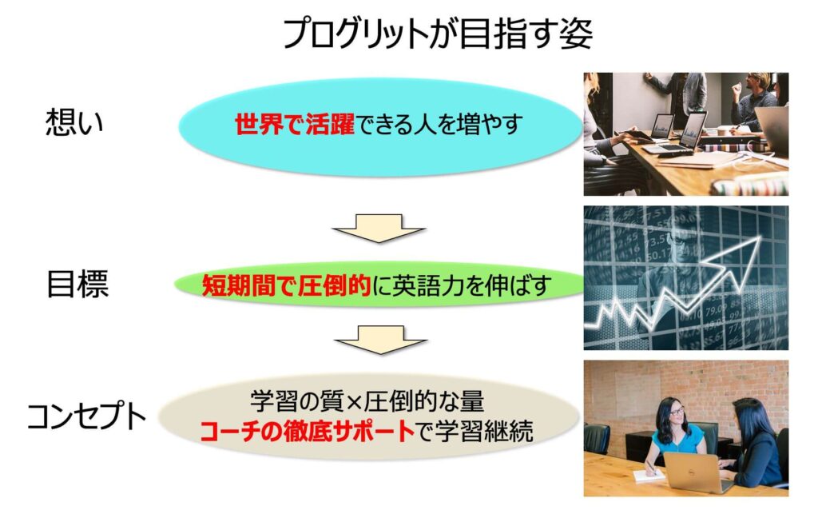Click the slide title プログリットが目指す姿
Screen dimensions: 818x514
(x=437, y=34)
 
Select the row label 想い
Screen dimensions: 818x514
(x=74, y=122)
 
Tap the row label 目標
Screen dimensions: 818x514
(x=77, y=285)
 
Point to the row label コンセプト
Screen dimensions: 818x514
(x=86, y=416)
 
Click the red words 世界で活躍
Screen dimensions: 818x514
(x=294, y=124)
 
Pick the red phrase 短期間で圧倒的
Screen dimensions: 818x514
(x=286, y=285)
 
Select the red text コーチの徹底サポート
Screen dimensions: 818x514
(x=308, y=432)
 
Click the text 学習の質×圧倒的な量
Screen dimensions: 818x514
(x=367, y=401)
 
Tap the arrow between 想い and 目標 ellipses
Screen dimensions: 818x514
(x=379, y=228)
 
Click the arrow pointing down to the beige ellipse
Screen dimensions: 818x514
(x=380, y=341)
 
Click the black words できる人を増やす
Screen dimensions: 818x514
(x=439, y=124)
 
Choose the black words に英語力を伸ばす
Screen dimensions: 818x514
(x=461, y=285)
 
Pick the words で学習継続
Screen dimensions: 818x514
(x=475, y=432)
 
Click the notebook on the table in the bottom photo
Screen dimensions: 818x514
(x=649, y=476)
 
